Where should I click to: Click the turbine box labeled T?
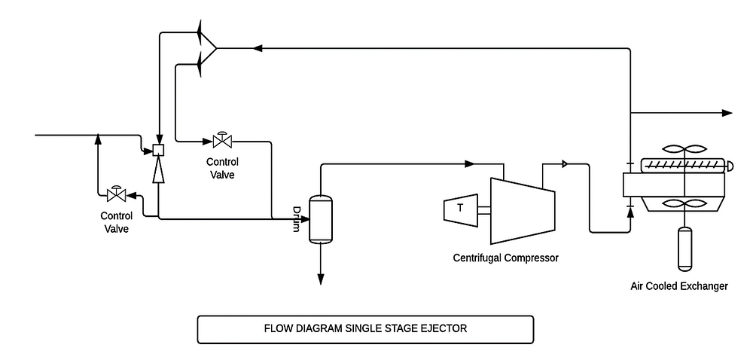(459, 209)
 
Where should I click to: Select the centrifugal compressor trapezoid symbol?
(522, 210)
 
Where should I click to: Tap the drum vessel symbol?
(321, 219)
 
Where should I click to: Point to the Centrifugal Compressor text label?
(505, 258)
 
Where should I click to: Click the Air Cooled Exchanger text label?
(679, 286)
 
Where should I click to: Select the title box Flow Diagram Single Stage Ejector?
(364, 329)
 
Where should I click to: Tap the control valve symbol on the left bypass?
(116, 195)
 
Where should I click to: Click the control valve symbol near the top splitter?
(222, 141)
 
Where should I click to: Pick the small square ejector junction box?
(158, 150)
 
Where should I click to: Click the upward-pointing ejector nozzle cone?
(158, 172)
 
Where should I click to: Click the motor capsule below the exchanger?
(684, 248)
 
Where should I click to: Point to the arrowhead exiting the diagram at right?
(727, 113)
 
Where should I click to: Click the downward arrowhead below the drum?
(321, 279)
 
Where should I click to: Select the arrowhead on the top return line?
(258, 48)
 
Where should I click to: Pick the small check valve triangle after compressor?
(566, 163)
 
